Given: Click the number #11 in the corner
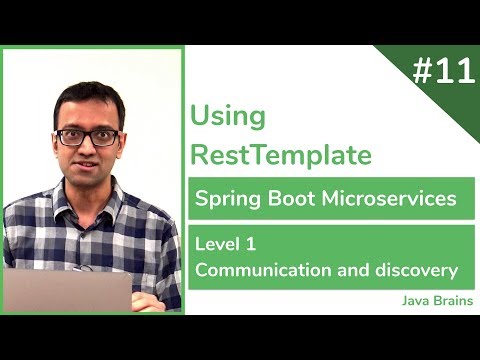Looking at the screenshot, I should point(442,73).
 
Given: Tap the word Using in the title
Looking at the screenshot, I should point(228,116).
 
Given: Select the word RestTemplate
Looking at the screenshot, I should point(281,155).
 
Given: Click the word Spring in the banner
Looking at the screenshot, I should point(227,199).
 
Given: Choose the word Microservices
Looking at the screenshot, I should point(389,198).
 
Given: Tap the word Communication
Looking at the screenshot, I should point(256,269).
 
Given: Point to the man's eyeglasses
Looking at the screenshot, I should point(87,137).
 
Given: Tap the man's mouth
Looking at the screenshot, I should point(88,165).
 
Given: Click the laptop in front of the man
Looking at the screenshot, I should point(68,290).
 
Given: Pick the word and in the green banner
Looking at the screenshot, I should point(355,269).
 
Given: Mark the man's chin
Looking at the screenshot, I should point(89,181).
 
